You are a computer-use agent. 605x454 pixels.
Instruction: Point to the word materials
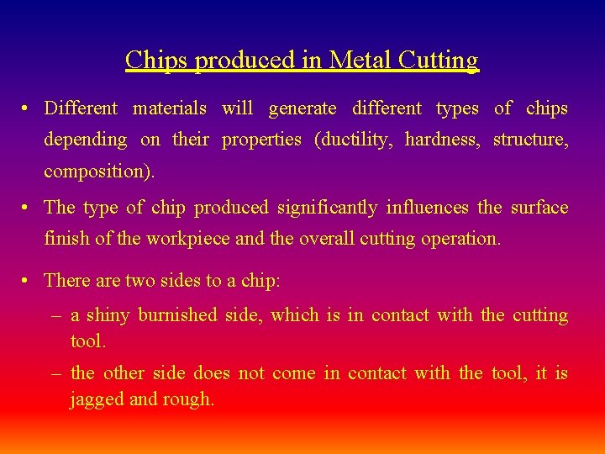[x=170, y=108]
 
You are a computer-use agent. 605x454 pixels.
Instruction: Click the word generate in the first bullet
[x=302, y=108]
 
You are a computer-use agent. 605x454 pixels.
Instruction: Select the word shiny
[x=108, y=315]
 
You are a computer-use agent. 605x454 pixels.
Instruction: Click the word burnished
[x=177, y=315]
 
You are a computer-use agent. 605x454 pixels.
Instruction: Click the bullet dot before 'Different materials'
[x=28, y=109]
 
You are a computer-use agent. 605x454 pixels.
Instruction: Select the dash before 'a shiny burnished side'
[x=55, y=316]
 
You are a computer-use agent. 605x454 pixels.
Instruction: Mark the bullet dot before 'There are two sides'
[x=28, y=281]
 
